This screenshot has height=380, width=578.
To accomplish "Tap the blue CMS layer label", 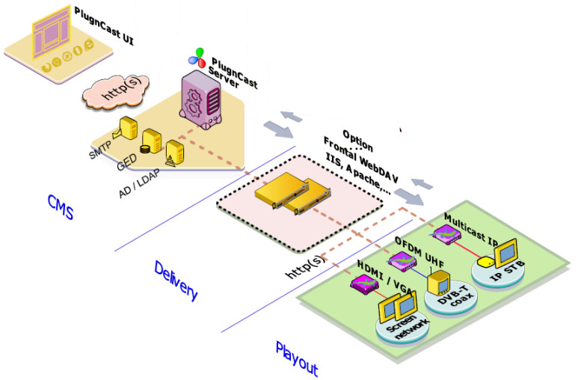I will [60, 206].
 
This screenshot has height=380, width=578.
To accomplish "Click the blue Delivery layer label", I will [176, 280].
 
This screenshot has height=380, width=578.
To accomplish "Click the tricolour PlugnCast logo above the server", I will [198, 55].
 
